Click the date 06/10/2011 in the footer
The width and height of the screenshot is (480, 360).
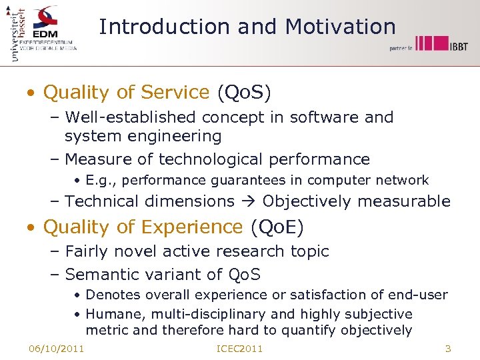[56, 349]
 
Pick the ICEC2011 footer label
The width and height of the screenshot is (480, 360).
[240, 349]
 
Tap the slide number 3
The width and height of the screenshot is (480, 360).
[448, 349]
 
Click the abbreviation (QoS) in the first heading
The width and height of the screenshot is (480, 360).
[244, 93]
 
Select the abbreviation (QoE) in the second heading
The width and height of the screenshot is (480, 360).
[277, 227]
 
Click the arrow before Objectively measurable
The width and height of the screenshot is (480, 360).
[248, 201]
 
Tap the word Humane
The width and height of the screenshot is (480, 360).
[109, 314]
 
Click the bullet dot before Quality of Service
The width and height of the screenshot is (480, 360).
[31, 93]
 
